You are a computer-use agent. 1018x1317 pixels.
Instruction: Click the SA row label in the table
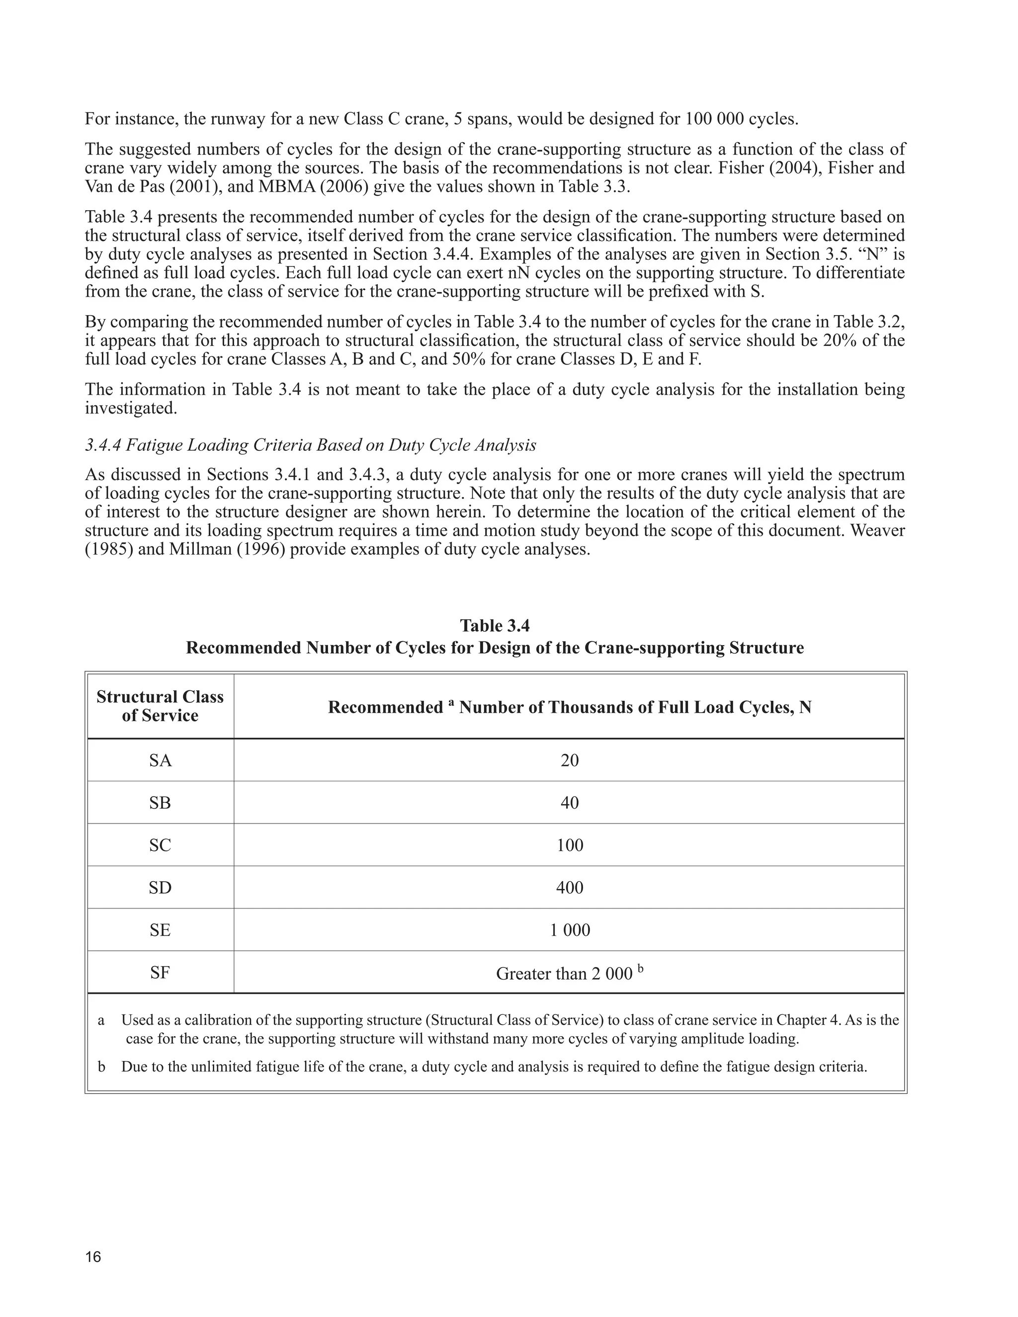pyautogui.click(x=161, y=760)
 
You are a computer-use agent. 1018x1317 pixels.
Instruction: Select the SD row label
pyautogui.click(x=161, y=888)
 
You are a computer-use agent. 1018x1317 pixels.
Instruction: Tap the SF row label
pyautogui.click(x=161, y=973)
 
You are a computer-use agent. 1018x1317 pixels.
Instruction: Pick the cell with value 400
pyautogui.click(x=569, y=888)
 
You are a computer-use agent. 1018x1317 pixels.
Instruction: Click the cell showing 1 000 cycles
pyautogui.click(x=569, y=930)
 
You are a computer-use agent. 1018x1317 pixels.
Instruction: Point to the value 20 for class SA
pyautogui.click(x=569, y=760)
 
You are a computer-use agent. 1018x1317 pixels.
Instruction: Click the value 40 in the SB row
pyautogui.click(x=569, y=803)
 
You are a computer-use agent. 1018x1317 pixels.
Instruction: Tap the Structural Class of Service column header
pyautogui.click(x=161, y=706)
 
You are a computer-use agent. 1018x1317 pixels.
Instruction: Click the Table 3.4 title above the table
pyautogui.click(x=495, y=625)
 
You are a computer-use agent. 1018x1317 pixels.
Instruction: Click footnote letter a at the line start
pyautogui.click(x=101, y=1020)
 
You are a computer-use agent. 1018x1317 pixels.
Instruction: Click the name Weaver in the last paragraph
pyautogui.click(x=877, y=531)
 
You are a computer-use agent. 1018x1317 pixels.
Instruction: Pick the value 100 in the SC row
pyautogui.click(x=569, y=845)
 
